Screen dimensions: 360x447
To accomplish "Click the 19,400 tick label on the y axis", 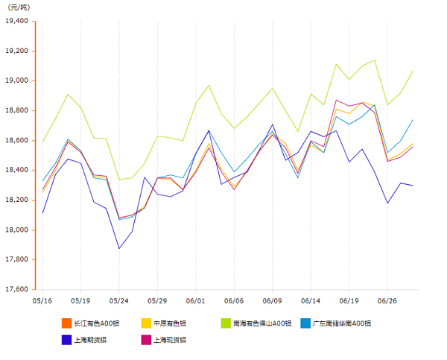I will pyautogui.click(x=16, y=21).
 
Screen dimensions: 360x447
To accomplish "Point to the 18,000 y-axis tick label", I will pyautogui.click(x=16, y=230).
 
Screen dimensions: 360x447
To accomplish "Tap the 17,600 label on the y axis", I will pyautogui.click(x=16, y=289).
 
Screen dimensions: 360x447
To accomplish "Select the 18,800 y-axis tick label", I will pyautogui.click(x=16, y=110).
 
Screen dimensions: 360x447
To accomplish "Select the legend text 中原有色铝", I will pyautogui.click(x=171, y=323).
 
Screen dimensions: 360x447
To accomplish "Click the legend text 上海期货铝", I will pyautogui.click(x=90, y=340).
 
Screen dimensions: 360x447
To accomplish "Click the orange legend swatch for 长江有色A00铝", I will pyautogui.click(x=66, y=323).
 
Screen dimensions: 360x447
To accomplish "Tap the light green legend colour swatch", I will pyautogui.click(x=225, y=323).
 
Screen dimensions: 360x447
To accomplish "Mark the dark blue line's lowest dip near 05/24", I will pyautogui.click(x=119, y=248).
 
